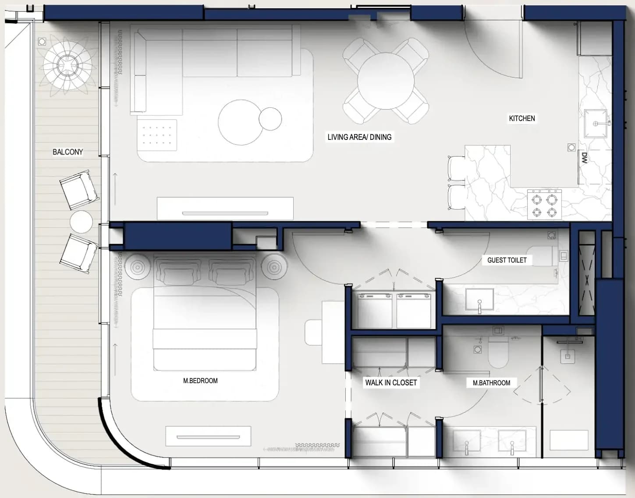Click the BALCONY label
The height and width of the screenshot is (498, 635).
coord(68,152)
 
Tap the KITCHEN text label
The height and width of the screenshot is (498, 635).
coord(522,118)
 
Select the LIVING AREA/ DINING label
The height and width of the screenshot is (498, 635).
coord(359,137)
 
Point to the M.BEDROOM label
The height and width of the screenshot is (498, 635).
coord(200,381)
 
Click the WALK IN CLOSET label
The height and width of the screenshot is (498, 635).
coord(391,383)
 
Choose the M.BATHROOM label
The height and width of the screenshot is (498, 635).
coord(492,383)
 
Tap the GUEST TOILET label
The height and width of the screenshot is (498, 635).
coord(507,260)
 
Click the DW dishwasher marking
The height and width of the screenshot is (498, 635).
coord(584,158)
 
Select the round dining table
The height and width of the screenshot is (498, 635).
coord(386,81)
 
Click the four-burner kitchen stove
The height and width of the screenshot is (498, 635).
coord(544,205)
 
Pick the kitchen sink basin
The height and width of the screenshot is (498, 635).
coord(595,124)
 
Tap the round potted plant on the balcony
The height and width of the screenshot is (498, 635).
coord(67,65)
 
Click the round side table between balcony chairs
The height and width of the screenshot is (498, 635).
coord(81,222)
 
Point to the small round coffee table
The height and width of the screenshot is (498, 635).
coord(270,119)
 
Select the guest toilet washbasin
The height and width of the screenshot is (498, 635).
coord(479,299)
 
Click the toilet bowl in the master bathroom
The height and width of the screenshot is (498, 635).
coord(499,352)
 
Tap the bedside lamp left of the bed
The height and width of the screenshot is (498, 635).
coord(137,267)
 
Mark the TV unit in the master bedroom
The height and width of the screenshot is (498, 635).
coord(208,436)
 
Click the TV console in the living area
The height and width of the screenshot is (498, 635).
coord(225,209)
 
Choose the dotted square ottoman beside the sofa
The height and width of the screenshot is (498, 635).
coord(157,135)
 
